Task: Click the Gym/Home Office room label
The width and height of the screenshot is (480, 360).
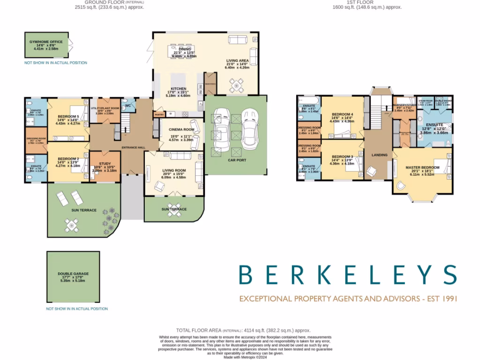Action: (x=46, y=42)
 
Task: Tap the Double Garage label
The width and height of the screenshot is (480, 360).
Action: (x=73, y=274)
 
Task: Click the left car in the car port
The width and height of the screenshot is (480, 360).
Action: (x=221, y=128)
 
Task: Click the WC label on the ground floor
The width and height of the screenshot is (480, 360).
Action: (x=127, y=106)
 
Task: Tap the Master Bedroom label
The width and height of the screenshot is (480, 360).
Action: (x=422, y=167)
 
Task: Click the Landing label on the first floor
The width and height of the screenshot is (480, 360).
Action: (x=379, y=155)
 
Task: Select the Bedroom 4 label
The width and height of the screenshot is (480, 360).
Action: (x=342, y=114)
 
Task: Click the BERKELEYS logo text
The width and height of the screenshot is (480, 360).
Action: (x=347, y=275)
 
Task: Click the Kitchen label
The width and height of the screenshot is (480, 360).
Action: (x=179, y=89)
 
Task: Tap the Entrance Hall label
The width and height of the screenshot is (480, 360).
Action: (x=133, y=148)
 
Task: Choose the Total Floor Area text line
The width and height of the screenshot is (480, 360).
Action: (x=243, y=330)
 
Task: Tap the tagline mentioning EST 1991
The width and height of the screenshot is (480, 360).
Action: (x=347, y=299)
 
